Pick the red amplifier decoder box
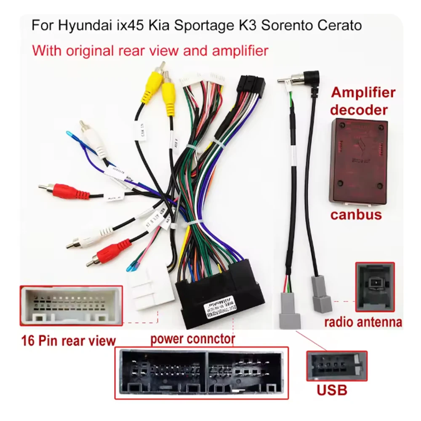point(358,160)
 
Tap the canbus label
point(356,214)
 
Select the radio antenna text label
point(362,322)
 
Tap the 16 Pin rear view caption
point(68,340)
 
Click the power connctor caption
point(193,338)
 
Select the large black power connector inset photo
point(201,373)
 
